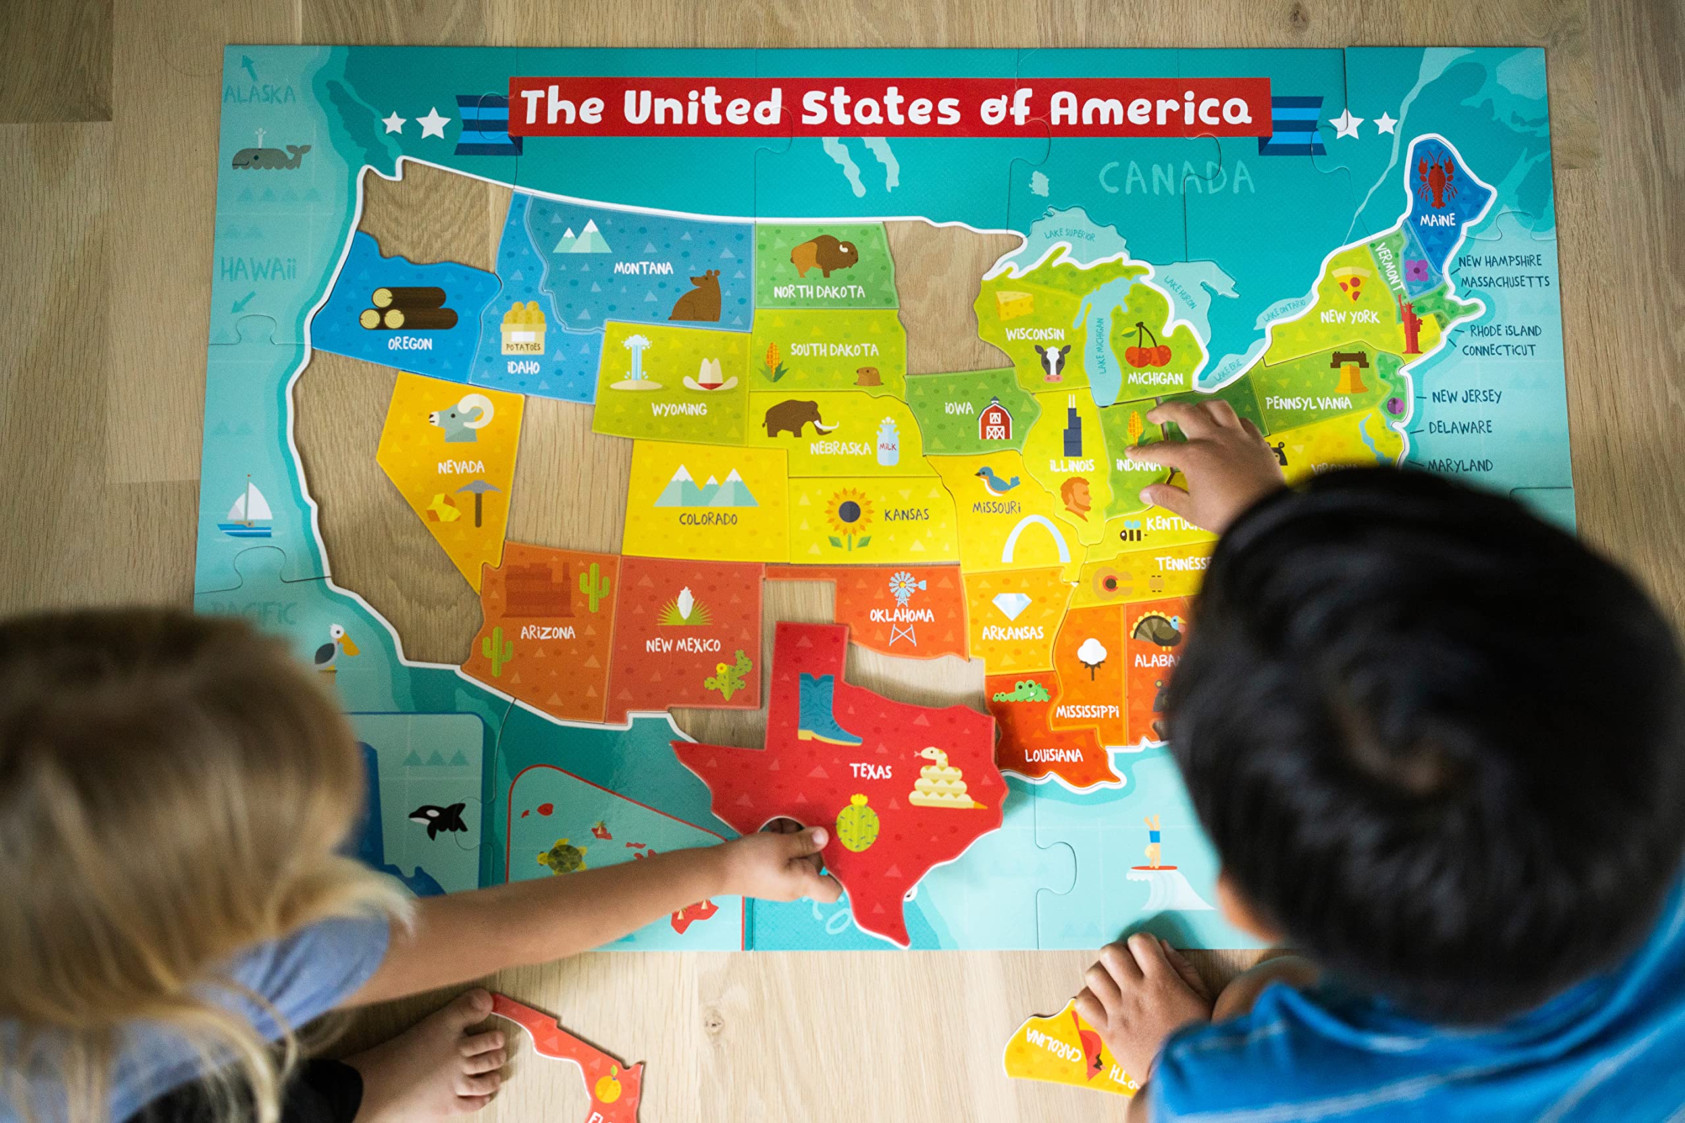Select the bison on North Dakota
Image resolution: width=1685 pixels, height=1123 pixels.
pyautogui.click(x=823, y=255)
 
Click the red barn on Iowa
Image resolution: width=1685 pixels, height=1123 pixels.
pyautogui.click(x=995, y=420)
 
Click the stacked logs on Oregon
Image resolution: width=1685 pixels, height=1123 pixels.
pyautogui.click(x=409, y=308)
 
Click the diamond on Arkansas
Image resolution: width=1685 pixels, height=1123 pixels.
pyautogui.click(x=1011, y=606)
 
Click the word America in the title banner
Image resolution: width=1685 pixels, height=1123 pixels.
pyautogui.click(x=1151, y=108)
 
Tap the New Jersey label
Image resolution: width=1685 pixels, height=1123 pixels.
pyautogui.click(x=1466, y=396)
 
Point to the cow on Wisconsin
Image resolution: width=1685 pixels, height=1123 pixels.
pyautogui.click(x=1052, y=362)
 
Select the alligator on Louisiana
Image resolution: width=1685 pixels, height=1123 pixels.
pyautogui.click(x=1022, y=693)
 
